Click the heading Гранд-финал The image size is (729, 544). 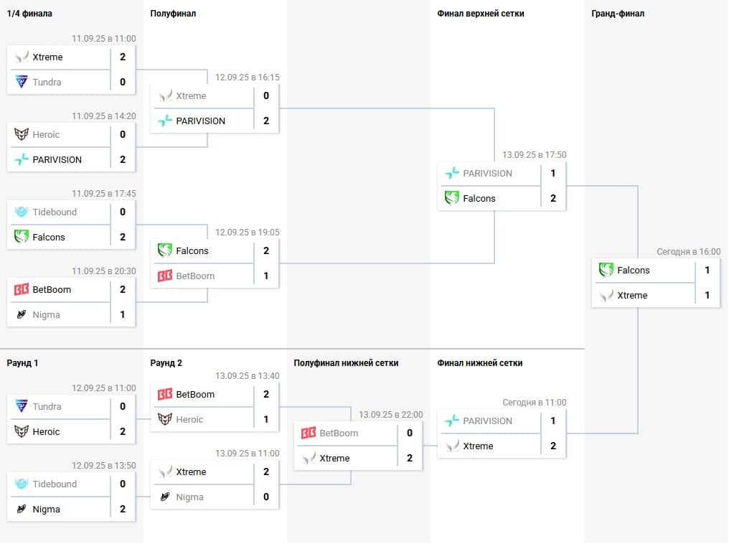(618, 14)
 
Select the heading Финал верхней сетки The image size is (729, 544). (480, 14)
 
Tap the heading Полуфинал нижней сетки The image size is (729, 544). (346, 363)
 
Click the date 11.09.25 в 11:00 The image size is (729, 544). (103, 39)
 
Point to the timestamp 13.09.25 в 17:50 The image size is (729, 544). (534, 154)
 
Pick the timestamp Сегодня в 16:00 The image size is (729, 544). (688, 252)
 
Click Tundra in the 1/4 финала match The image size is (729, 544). (47, 83)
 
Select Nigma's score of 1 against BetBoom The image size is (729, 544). (123, 315)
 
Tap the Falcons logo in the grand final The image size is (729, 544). (606, 271)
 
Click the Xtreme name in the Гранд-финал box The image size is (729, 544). (632, 296)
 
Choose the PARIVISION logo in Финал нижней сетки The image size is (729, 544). (451, 421)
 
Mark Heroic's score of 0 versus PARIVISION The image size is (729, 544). (123, 135)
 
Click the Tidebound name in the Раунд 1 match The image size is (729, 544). (55, 484)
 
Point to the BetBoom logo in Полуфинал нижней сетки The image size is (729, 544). (309, 433)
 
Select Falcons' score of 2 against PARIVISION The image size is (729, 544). (553, 199)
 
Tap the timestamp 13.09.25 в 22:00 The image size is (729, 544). (390, 415)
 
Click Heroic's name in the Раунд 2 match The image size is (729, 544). (189, 420)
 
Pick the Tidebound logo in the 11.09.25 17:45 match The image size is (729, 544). (22, 212)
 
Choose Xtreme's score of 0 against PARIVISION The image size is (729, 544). (266, 96)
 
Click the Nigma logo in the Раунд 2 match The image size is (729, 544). (165, 497)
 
